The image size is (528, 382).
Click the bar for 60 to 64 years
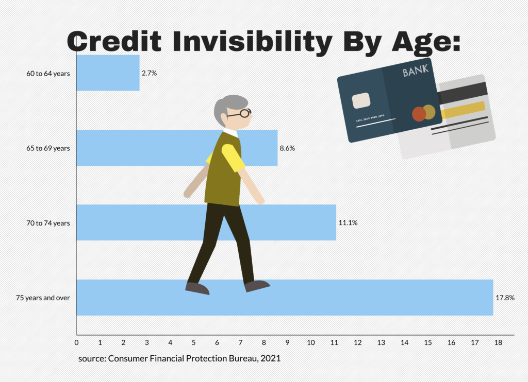point(108,73)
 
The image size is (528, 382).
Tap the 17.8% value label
point(505,298)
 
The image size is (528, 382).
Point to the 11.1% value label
point(348,222)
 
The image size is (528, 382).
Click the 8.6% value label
point(287,148)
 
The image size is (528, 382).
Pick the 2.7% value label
point(149,73)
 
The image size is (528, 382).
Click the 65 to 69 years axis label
point(48,148)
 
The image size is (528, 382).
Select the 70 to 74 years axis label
point(48,223)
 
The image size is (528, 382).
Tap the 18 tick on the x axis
point(498,342)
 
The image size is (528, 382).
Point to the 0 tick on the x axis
point(76,342)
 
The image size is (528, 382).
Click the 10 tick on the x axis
point(311,342)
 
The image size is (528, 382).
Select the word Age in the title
point(423,43)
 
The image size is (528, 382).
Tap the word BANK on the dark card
point(416,71)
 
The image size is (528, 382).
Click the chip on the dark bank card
point(361,100)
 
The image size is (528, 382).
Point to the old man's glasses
point(240,113)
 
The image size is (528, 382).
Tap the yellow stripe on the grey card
point(463,110)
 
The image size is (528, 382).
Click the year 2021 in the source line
point(270,358)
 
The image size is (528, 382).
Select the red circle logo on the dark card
point(419,114)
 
